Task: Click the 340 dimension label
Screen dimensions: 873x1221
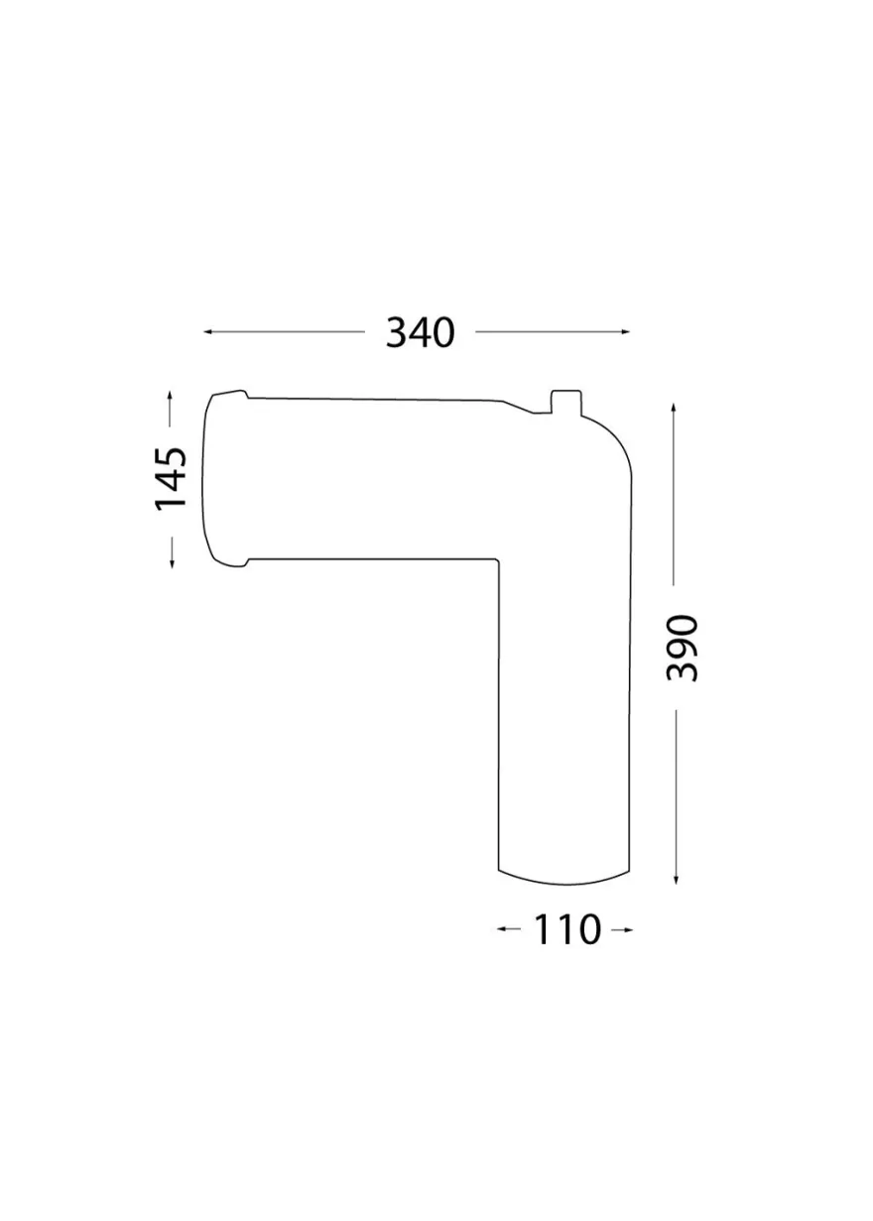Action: (420, 333)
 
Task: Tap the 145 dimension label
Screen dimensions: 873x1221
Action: (171, 479)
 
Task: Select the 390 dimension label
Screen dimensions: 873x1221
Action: (683, 648)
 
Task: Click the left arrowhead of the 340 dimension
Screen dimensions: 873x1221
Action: (207, 331)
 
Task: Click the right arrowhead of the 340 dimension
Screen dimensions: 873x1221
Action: (625, 331)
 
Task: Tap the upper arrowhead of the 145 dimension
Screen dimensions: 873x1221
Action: (170, 396)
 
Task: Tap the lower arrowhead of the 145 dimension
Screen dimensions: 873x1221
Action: (172, 563)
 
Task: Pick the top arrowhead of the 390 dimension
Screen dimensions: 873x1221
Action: (674, 409)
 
